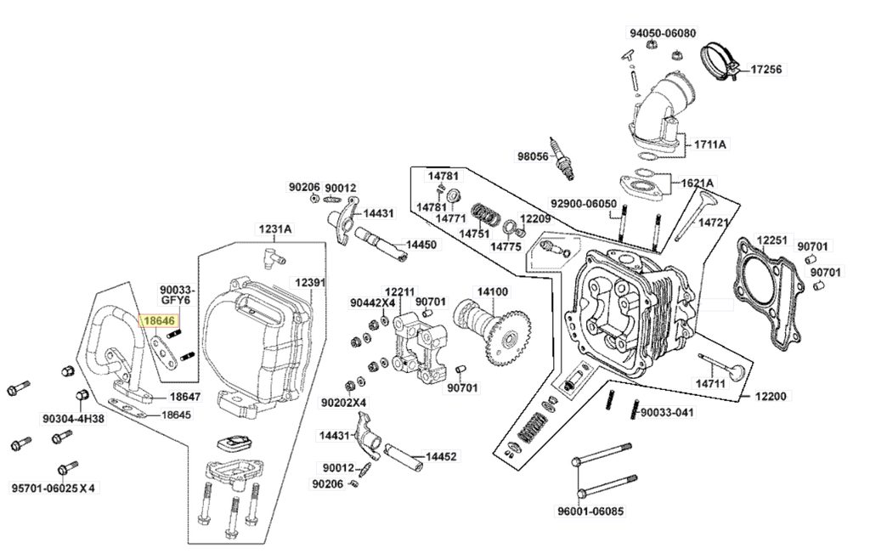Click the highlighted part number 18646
pyautogui.click(x=159, y=320)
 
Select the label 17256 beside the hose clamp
pyautogui.click(x=766, y=70)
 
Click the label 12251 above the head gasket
pyautogui.click(x=771, y=240)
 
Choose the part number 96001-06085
pyautogui.click(x=590, y=511)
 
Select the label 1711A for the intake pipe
pyautogui.click(x=709, y=144)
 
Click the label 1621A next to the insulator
pyautogui.click(x=697, y=183)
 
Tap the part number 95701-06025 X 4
pyautogui.click(x=54, y=488)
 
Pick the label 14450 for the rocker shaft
pyautogui.click(x=421, y=245)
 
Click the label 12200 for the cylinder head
pyautogui.click(x=771, y=396)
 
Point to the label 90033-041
pyautogui.click(x=667, y=412)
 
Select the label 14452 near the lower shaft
pyautogui.click(x=441, y=456)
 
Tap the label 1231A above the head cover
pyautogui.click(x=276, y=229)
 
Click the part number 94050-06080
pyautogui.click(x=663, y=33)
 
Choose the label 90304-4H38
pyautogui.click(x=74, y=419)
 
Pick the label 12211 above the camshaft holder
pyautogui.click(x=399, y=291)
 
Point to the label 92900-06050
pyautogui.click(x=584, y=204)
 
